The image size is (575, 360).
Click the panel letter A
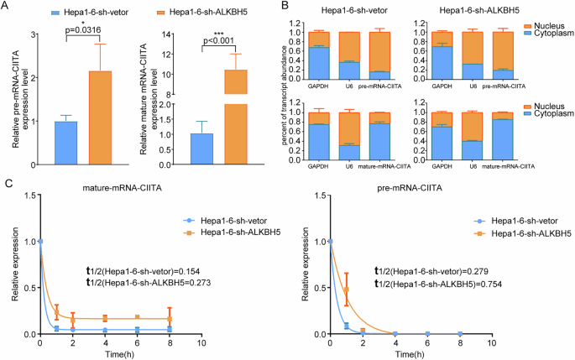tap(6, 8)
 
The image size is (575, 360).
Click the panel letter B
tap(285, 8)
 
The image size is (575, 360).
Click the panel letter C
tap(6, 184)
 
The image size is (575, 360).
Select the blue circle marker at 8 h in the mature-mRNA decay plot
tap(170, 330)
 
